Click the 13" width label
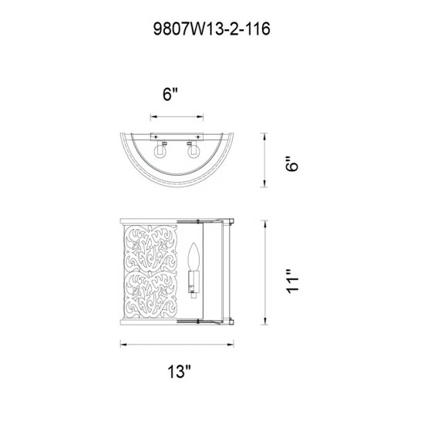point(177,372)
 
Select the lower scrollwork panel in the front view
point(149,301)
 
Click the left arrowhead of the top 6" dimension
point(152,117)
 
